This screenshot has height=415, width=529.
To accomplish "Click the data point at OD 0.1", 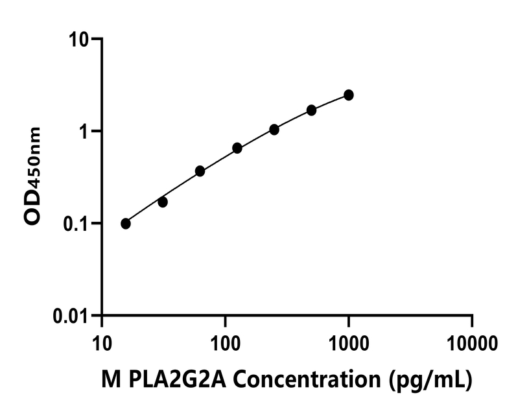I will point(126,224).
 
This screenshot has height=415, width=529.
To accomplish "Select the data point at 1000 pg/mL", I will point(349,95).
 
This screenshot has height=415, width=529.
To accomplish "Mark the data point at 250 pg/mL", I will point(274,130).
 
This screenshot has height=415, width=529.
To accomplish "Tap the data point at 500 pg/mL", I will point(312,110).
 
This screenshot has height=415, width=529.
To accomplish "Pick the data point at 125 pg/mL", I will point(237,148).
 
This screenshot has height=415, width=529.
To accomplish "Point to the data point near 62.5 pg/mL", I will point(200,171).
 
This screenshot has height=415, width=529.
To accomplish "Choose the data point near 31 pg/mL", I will point(163,202).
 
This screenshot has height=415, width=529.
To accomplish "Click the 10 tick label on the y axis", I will point(79,40).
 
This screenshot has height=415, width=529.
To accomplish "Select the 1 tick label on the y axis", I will point(84,132).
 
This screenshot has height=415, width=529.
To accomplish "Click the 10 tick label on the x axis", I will point(102,342).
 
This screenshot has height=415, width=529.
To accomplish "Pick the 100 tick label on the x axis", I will point(225,342).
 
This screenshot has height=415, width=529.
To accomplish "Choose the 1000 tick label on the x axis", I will point(348,342).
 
